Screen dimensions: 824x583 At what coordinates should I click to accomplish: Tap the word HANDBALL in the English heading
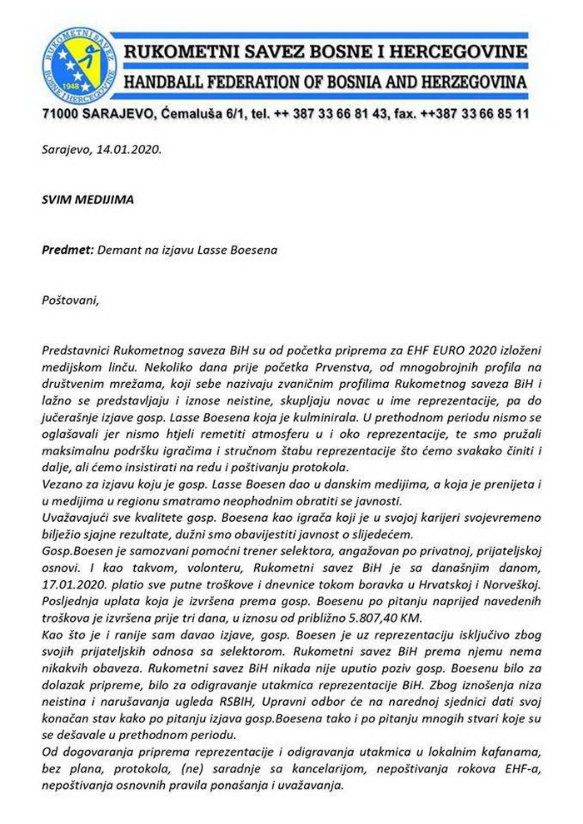[x=172, y=83]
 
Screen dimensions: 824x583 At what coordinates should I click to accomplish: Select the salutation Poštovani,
[x=70, y=299]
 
